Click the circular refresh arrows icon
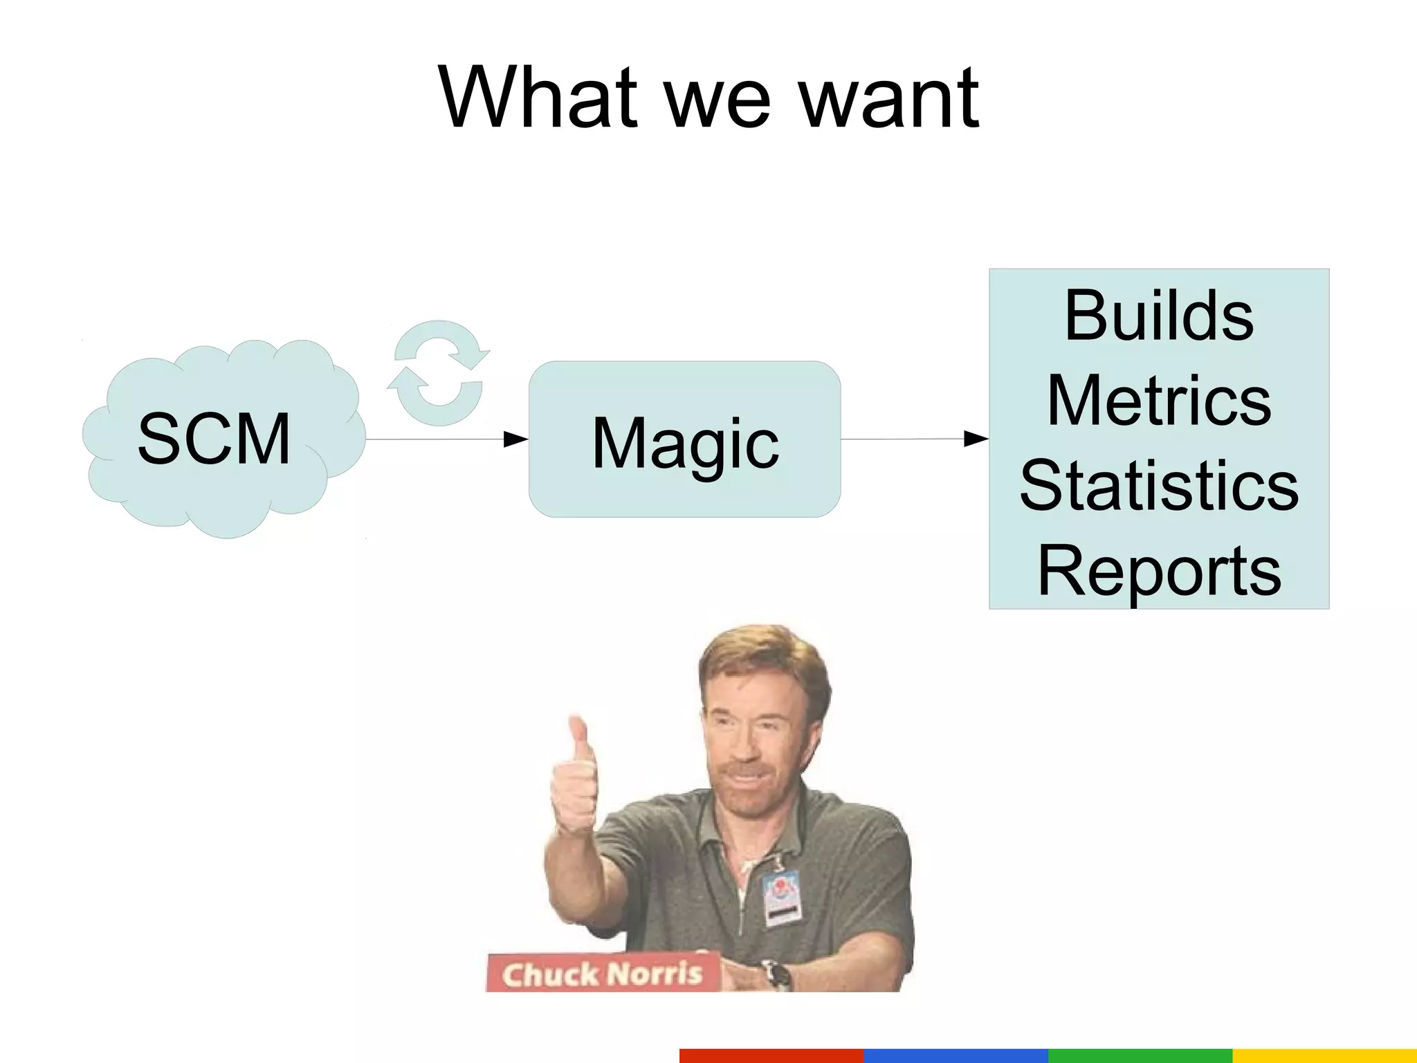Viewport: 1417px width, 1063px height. click(x=438, y=373)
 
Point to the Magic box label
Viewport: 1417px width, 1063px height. click(x=685, y=443)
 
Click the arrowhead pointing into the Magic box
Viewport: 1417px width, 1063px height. click(x=515, y=439)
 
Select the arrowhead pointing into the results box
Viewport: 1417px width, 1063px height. click(x=976, y=438)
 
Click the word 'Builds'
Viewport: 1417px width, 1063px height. click(x=1159, y=316)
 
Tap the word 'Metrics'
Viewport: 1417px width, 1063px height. click(x=1159, y=401)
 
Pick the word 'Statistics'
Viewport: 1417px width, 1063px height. click(x=1159, y=486)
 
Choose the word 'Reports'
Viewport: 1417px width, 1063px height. click(x=1159, y=571)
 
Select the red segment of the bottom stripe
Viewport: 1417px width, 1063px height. click(x=771, y=1055)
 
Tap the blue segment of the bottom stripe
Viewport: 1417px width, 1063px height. click(x=956, y=1055)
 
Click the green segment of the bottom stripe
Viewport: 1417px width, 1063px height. click(x=1140, y=1055)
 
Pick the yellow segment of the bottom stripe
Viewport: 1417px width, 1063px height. click(x=1324, y=1055)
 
